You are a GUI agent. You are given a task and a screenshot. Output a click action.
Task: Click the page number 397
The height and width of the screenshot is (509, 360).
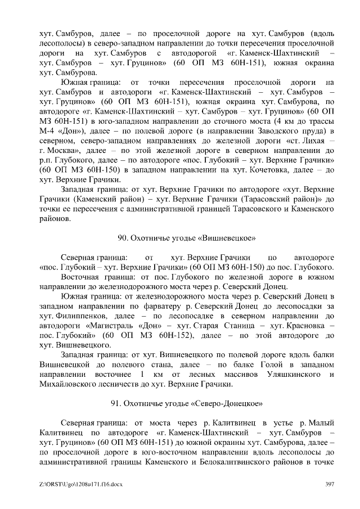coord(330,484)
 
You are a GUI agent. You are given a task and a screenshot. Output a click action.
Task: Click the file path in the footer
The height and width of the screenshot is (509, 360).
coord(75,484)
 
